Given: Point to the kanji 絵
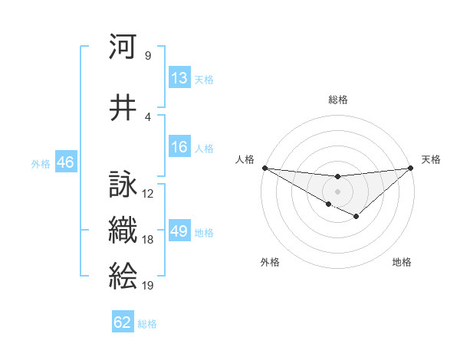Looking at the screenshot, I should (x=123, y=275).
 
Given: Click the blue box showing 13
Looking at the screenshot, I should (x=179, y=78).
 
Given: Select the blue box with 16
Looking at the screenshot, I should (x=179, y=147).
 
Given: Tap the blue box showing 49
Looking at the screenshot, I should (x=179, y=231).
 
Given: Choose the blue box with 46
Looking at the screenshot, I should (x=65, y=162).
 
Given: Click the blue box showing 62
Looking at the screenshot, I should (x=123, y=322).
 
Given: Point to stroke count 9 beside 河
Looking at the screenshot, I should (x=147, y=56).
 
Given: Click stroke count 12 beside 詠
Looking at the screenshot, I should (x=148, y=194).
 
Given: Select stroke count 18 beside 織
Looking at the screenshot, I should (x=148, y=240).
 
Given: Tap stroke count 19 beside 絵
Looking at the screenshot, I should (x=148, y=286).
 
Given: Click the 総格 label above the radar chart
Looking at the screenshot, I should (x=337, y=100).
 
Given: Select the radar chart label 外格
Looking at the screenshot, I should (x=270, y=262).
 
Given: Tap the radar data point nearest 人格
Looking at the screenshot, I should (x=264, y=168).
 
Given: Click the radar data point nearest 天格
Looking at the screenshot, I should (x=410, y=168).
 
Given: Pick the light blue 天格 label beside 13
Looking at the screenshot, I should (x=204, y=79).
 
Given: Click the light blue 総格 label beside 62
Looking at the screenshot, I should (x=147, y=323).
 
